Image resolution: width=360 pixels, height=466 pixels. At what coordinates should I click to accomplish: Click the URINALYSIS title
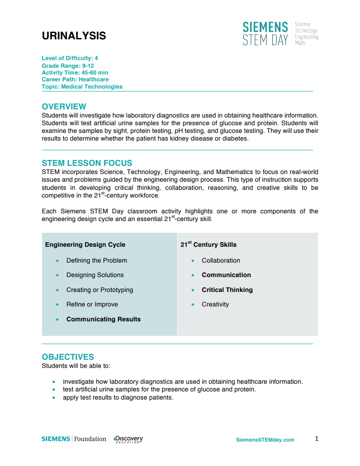[74, 36]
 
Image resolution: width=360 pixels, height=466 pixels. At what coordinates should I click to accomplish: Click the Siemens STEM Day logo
[279, 33]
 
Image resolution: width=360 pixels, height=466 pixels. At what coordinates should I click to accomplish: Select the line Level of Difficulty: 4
[70, 58]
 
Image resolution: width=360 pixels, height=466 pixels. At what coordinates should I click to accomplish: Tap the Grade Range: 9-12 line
[68, 66]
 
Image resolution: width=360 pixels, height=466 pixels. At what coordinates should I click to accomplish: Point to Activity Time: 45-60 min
[75, 72]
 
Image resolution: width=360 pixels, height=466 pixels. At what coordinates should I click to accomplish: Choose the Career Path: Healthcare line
[75, 80]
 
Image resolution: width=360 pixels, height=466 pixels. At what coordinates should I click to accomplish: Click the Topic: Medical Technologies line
[82, 86]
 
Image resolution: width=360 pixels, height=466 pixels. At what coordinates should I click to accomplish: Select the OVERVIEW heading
[64, 107]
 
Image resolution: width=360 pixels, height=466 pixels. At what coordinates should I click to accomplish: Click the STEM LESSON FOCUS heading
[87, 163]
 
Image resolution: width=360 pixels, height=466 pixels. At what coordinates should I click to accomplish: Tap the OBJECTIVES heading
[68, 357]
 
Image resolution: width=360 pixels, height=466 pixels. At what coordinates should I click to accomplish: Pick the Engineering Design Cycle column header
[85, 245]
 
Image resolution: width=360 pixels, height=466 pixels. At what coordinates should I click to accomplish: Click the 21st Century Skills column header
[208, 245]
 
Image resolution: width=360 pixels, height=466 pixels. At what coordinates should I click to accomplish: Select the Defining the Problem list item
[96, 260]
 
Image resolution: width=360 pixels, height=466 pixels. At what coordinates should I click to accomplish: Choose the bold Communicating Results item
[103, 319]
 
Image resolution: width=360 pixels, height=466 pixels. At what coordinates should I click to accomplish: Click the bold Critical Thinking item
[227, 290]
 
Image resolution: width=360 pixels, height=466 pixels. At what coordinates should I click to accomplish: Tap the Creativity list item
[215, 304]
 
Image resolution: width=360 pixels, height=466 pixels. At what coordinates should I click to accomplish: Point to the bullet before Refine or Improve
[57, 305]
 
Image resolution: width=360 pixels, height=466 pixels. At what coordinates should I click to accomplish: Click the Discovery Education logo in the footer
[128, 439]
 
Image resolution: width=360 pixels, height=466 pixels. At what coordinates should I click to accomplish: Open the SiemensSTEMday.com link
[265, 440]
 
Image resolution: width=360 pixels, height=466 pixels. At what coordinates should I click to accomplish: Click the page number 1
[317, 438]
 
